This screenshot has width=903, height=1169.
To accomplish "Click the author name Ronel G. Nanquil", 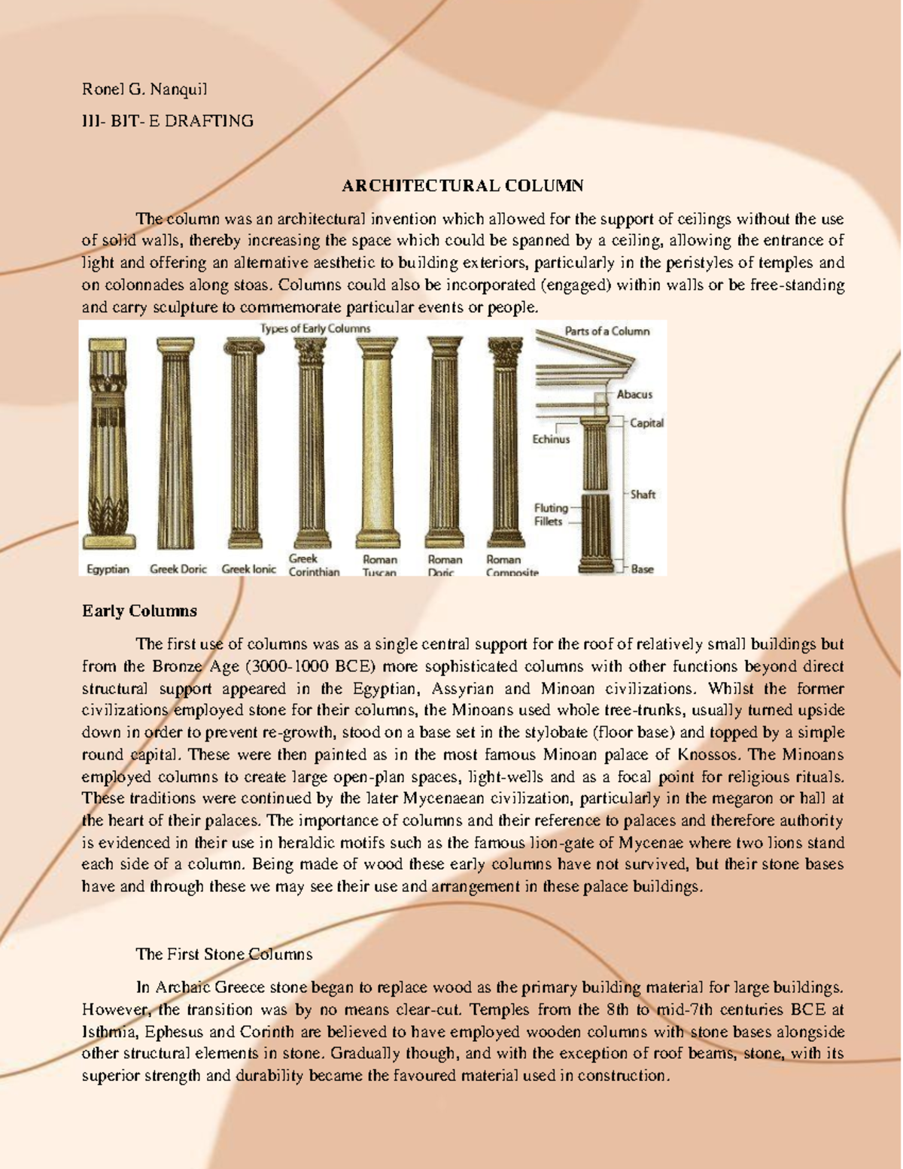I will (144, 90).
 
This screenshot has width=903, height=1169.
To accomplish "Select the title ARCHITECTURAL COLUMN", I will (463, 186).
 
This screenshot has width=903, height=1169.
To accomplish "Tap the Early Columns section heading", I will (139, 611).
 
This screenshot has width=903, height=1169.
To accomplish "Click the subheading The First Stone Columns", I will (223, 954).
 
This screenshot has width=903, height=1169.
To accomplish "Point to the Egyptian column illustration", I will (108, 444).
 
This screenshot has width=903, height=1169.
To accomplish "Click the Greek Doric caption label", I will (178, 569).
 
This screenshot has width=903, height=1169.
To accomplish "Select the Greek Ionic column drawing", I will (242, 444).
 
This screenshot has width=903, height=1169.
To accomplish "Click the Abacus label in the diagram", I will (634, 394).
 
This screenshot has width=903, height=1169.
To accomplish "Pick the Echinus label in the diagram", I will (551, 439).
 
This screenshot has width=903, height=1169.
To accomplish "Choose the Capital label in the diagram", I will (646, 423).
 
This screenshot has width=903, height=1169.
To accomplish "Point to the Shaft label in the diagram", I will (643, 495).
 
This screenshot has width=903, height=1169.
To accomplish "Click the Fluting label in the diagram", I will (551, 508).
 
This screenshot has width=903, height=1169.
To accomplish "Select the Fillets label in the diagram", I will (548, 521).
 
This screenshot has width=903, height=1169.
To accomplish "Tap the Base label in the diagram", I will (642, 569).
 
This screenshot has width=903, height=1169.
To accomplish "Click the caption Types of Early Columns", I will (315, 328).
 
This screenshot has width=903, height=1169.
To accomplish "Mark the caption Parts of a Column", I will (607, 331).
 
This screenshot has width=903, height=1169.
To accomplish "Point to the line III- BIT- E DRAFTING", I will (167, 120).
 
